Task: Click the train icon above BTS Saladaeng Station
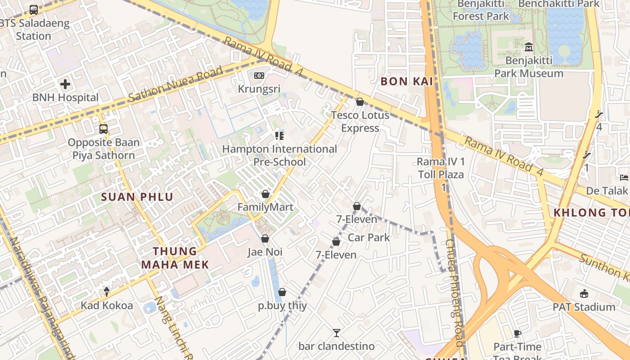pyautogui.click(x=34, y=9)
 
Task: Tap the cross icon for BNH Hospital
pyautogui.click(x=65, y=84)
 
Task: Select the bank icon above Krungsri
pyautogui.click(x=259, y=76)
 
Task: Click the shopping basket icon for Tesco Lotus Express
pyautogui.click(x=360, y=102)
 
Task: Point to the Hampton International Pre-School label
pyautogui.click(x=279, y=155)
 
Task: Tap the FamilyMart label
pyautogui.click(x=265, y=207)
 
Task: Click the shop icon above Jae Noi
pyautogui.click(x=265, y=238)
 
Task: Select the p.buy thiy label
pyautogui.click(x=282, y=306)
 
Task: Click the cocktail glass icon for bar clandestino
pyautogui.click(x=336, y=333)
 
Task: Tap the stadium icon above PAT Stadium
pyautogui.click(x=584, y=294)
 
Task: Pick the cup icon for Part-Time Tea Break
pyautogui.click(x=517, y=333)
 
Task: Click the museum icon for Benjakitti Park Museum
pyautogui.click(x=529, y=47)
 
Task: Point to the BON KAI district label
pyautogui.click(x=406, y=81)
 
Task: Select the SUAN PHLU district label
pyautogui.click(x=137, y=197)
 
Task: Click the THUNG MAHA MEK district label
pyautogui.click(x=175, y=258)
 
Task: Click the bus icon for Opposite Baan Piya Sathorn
pyautogui.click(x=103, y=129)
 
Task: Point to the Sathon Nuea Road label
pyautogui.click(x=175, y=84)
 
